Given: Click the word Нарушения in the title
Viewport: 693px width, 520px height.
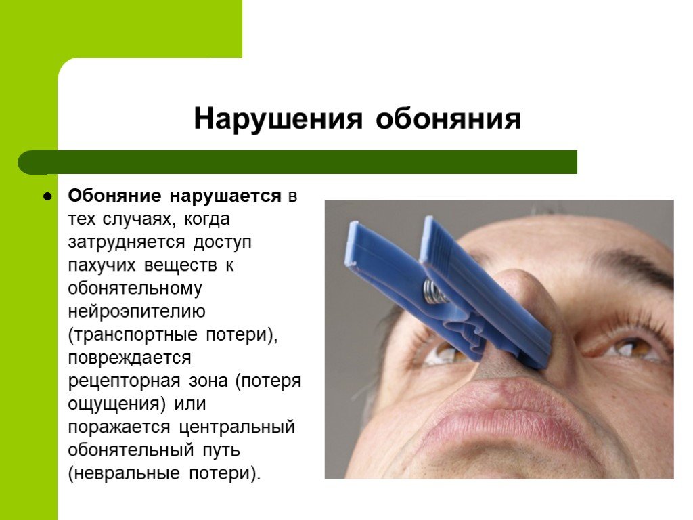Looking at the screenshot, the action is [278, 118].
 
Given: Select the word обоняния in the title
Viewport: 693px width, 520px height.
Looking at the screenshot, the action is [449, 118].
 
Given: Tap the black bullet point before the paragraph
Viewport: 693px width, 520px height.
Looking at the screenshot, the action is [47, 196].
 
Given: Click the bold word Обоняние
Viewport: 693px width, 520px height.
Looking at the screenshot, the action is [114, 196].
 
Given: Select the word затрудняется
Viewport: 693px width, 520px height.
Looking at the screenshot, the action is [127, 242].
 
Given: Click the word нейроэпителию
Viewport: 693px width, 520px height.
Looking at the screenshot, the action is [137, 311].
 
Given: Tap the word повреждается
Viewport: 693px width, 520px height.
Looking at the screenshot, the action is [129, 357].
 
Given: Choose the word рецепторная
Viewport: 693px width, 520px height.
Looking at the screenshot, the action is [125, 381].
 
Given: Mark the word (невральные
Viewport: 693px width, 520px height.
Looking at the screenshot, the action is [125, 473].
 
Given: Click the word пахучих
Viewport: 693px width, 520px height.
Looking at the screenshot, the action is [102, 265].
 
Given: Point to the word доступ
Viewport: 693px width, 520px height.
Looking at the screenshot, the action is [223, 242].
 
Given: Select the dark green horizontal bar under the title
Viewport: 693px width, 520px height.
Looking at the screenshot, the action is [298, 162].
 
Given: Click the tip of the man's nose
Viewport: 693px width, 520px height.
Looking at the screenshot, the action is [513, 283].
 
